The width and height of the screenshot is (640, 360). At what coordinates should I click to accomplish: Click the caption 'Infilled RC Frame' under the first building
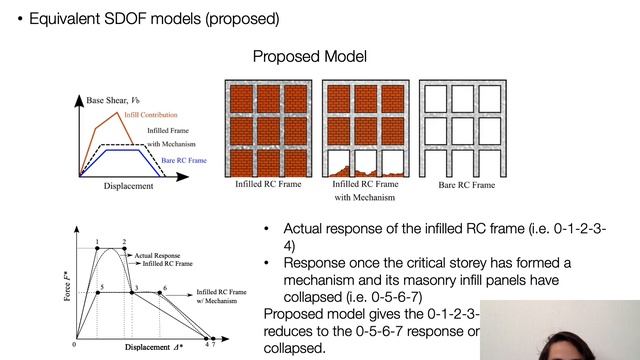click(265, 185)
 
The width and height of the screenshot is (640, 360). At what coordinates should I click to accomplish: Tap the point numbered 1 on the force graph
click(97, 250)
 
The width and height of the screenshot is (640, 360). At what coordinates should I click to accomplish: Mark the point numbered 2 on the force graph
click(124, 250)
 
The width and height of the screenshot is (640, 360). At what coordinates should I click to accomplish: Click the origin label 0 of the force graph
click(74, 345)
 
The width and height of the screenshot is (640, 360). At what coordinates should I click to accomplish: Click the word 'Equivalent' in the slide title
click(69, 18)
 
